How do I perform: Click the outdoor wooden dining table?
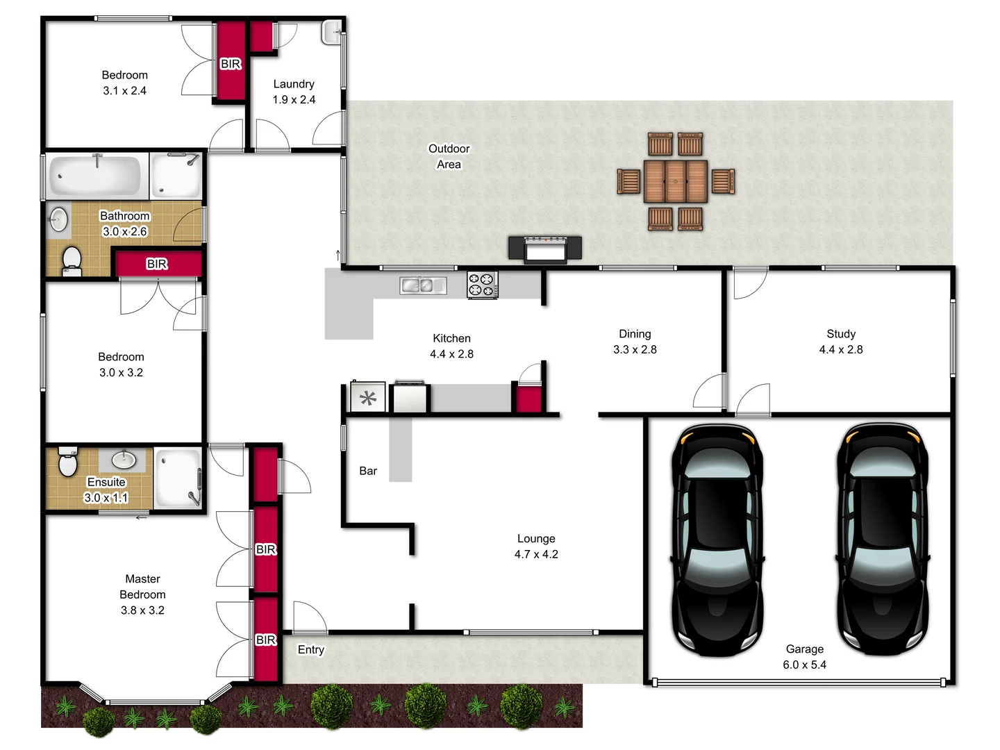tap(675, 181)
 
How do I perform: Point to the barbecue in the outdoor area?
tap(545, 248)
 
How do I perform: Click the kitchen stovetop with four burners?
tap(482, 285)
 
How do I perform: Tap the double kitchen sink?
tap(423, 285)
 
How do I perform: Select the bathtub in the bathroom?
tap(96, 176)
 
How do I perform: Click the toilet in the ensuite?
tap(68, 462)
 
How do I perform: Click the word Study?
tap(840, 334)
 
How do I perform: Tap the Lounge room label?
tap(535, 539)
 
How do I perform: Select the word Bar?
tap(368, 471)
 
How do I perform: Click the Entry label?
tap(310, 650)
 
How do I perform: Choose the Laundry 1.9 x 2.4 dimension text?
tap(294, 100)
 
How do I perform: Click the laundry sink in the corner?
tap(333, 31)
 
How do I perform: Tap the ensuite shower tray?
tap(178, 478)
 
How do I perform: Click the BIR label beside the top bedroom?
tap(230, 64)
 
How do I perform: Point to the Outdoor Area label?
tap(449, 156)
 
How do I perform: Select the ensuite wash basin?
tap(124, 458)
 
